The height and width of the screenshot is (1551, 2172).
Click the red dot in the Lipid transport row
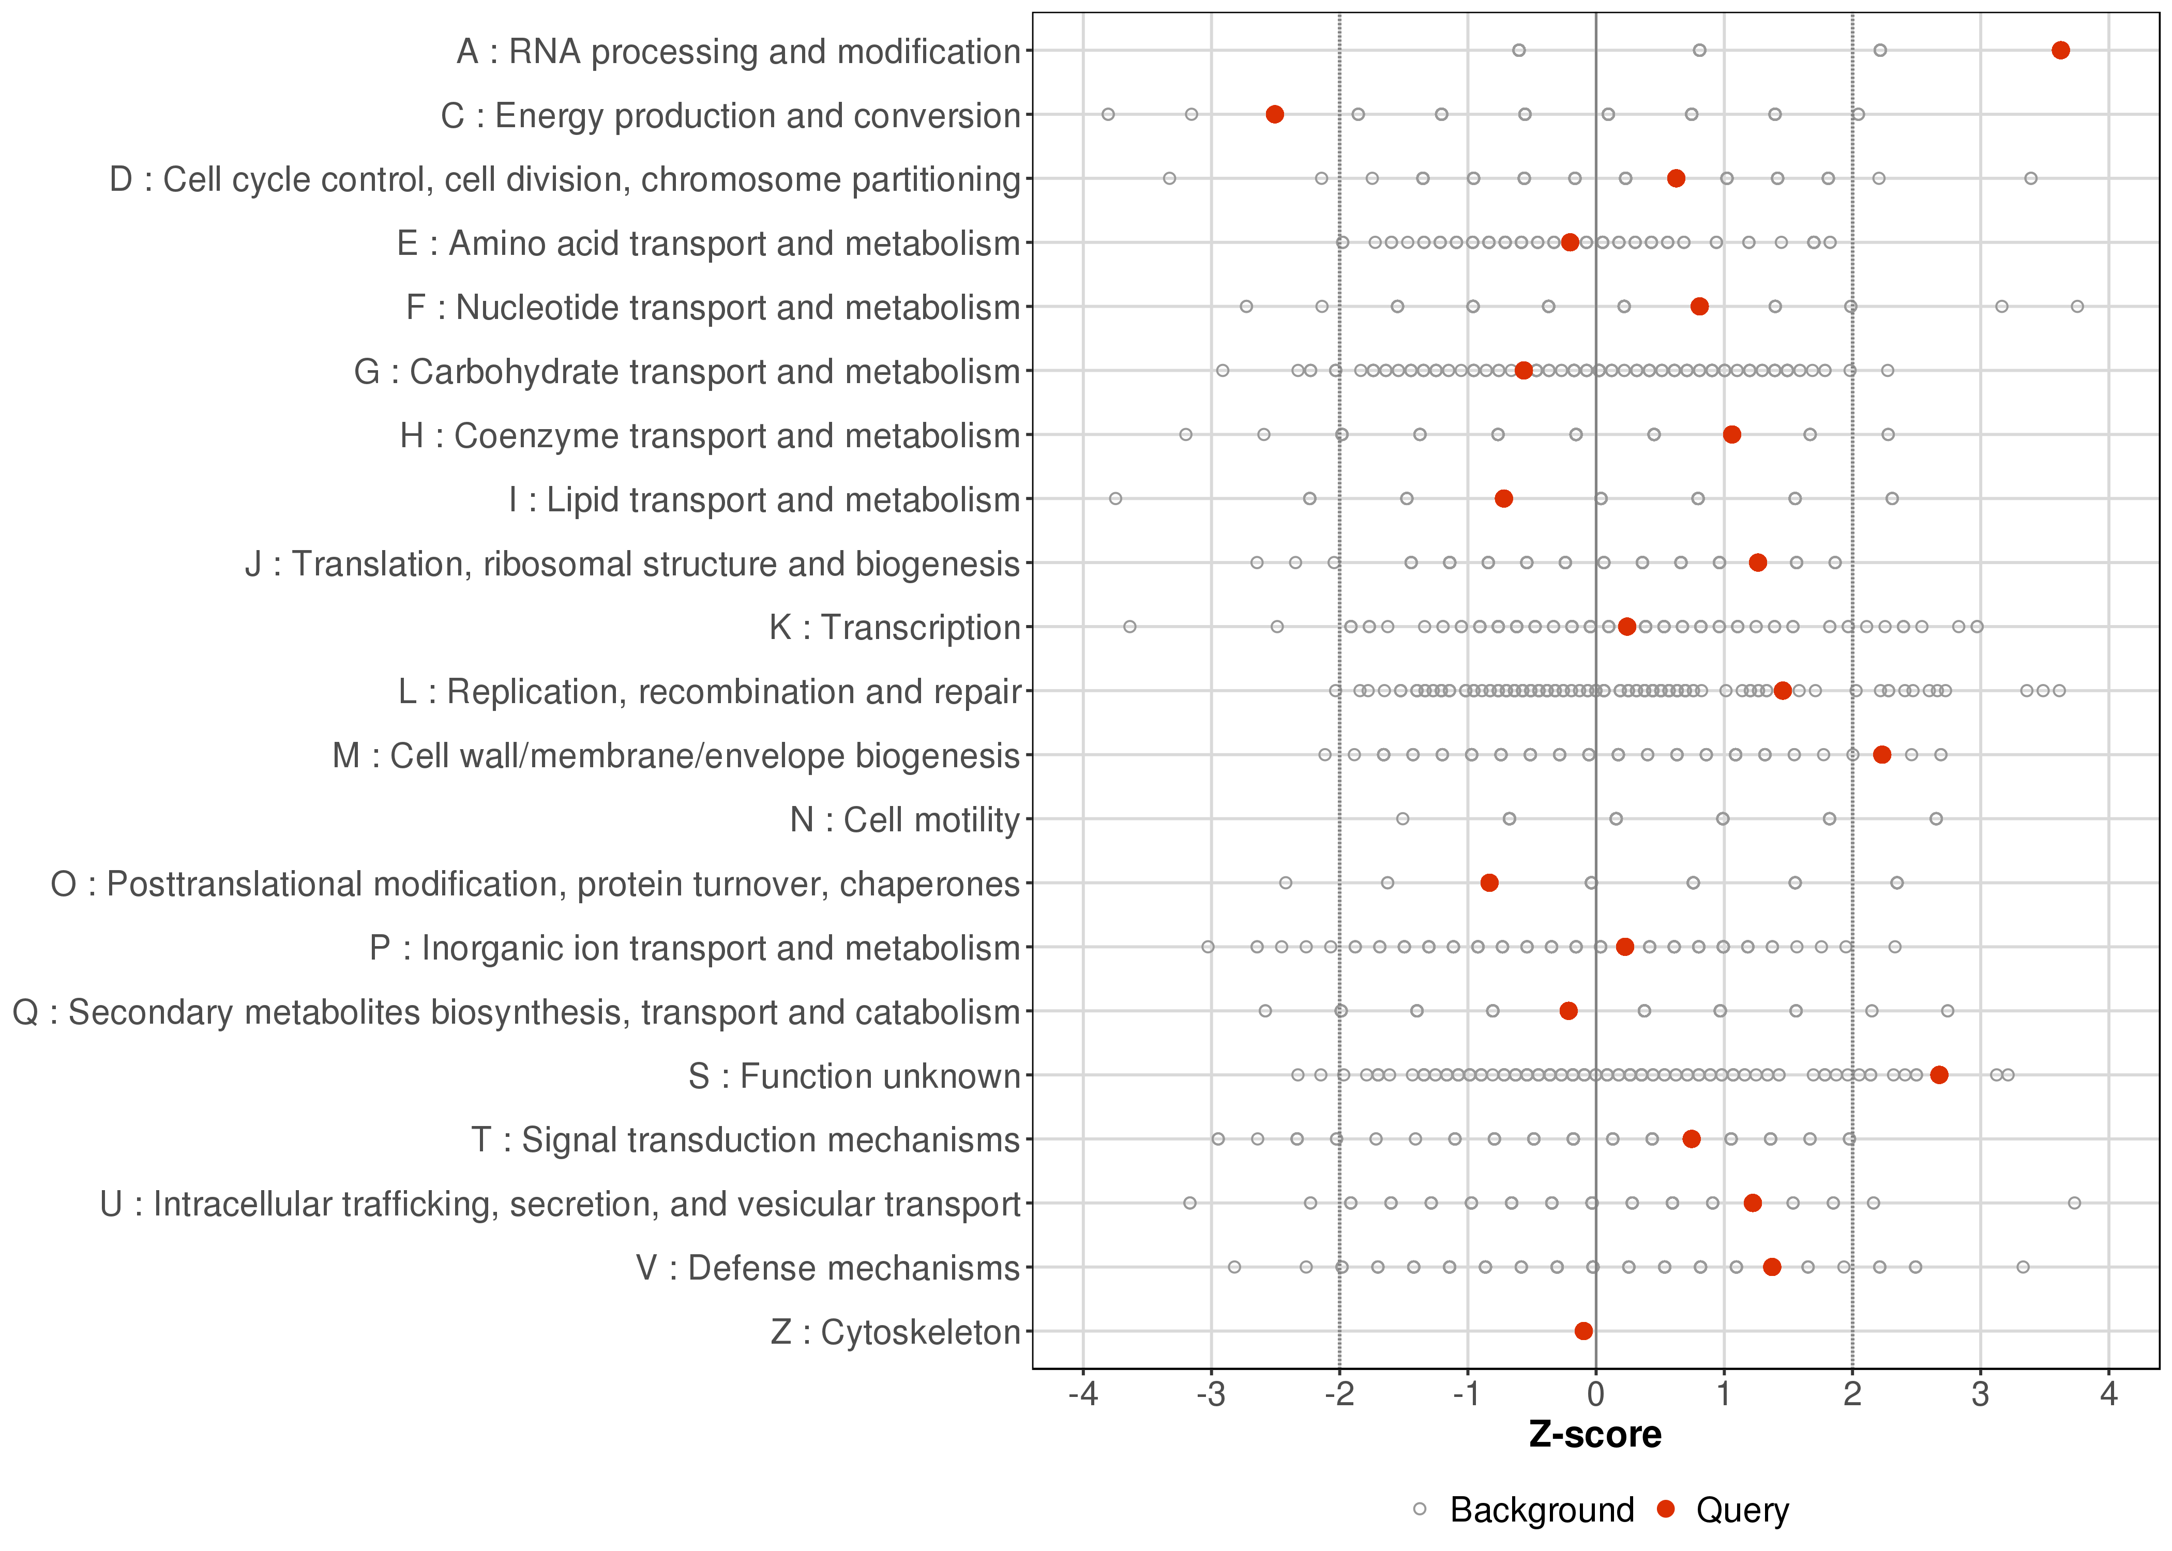click(x=1503, y=498)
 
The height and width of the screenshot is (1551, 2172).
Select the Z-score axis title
click(x=1595, y=1435)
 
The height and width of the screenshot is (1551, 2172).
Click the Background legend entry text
click(x=1542, y=1510)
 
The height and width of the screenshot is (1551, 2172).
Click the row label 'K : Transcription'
click(x=895, y=628)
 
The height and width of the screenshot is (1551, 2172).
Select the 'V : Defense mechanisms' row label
click(x=828, y=1268)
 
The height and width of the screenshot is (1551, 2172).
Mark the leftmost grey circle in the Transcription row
click(x=1130, y=627)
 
